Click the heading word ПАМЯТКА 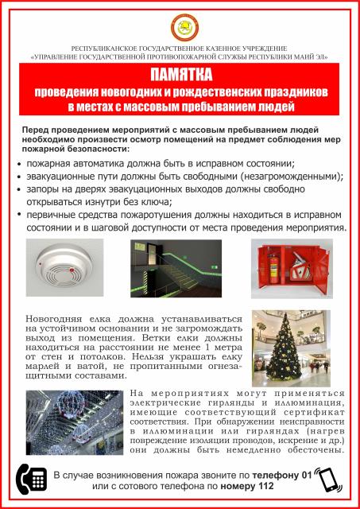[x=180, y=76]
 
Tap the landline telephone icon [x=29, y=479]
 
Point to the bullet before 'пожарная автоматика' [x=20, y=164]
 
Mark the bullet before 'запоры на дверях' [x=20, y=191]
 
